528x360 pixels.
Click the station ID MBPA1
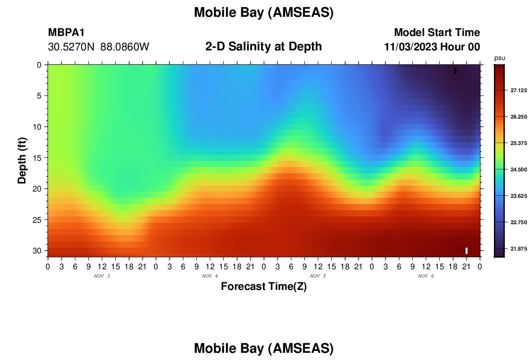click(66, 32)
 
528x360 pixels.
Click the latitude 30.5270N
click(71, 47)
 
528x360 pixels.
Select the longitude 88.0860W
click(125, 47)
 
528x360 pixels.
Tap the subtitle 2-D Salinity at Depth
click(264, 47)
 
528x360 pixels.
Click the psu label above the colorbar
click(500, 58)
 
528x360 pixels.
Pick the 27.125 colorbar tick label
click(518, 90)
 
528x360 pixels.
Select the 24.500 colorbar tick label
click(518, 169)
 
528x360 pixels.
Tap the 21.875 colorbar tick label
click(518, 249)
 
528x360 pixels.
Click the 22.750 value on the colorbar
click(518, 222)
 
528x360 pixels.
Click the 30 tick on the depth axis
click(37, 251)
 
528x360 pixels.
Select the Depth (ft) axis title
click(22, 161)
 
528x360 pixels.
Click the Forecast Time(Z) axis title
click(264, 287)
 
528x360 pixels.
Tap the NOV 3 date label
click(102, 276)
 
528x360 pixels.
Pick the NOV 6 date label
click(426, 276)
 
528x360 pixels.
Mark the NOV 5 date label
click(318, 276)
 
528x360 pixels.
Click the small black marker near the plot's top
click(455, 71)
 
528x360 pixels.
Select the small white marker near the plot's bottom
click(467, 251)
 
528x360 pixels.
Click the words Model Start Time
click(437, 32)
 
